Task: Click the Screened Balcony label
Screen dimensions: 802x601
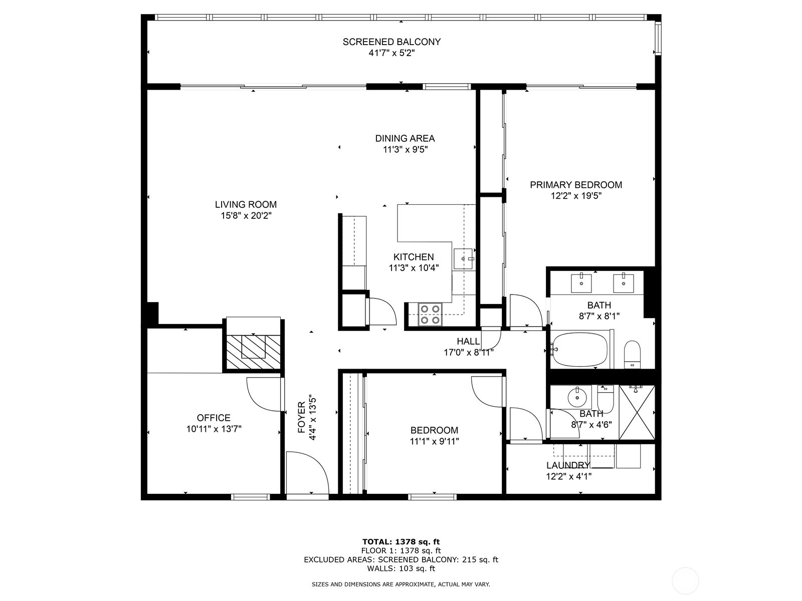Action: [x=391, y=42]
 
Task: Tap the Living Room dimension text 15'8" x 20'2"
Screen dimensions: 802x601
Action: [x=246, y=216]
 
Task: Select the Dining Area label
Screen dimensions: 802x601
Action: [x=405, y=138]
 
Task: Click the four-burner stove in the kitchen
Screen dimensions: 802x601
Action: [x=430, y=314]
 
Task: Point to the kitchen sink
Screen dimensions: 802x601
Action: [x=463, y=259]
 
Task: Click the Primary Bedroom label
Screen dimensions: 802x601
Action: [x=576, y=185]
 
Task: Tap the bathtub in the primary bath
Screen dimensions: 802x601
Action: [x=580, y=349]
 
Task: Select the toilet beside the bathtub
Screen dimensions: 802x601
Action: [x=632, y=354]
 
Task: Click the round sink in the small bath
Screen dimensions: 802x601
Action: [x=577, y=397]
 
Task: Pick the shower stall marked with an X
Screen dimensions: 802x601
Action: [x=637, y=412]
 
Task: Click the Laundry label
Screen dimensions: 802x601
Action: [x=568, y=465]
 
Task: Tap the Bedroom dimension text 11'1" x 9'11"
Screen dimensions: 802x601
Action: [x=434, y=441]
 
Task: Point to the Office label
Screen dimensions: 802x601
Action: [x=214, y=418]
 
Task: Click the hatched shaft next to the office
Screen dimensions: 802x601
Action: [x=253, y=352]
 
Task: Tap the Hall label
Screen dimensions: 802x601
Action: [x=468, y=341]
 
